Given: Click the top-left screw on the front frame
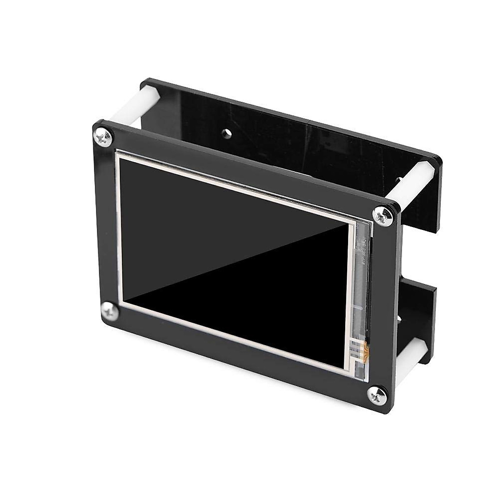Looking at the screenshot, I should pos(100,136).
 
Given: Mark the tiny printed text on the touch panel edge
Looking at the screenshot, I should pos(363,250).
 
